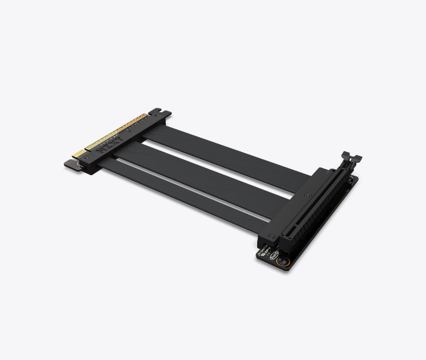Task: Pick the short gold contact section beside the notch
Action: tap(78, 156)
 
